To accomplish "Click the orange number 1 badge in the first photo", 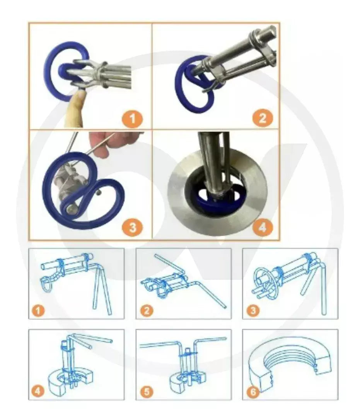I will pos(133,118).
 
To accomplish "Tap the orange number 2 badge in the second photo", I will pos(263,118).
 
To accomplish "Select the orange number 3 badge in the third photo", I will pos(133,227).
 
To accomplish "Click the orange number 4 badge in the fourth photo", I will pos(262,227).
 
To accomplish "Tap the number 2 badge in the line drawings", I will pos(145,310).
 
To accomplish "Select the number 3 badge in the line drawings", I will pos(252,310).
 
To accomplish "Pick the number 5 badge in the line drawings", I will pos(145,391).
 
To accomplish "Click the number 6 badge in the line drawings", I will pos(252,391).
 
